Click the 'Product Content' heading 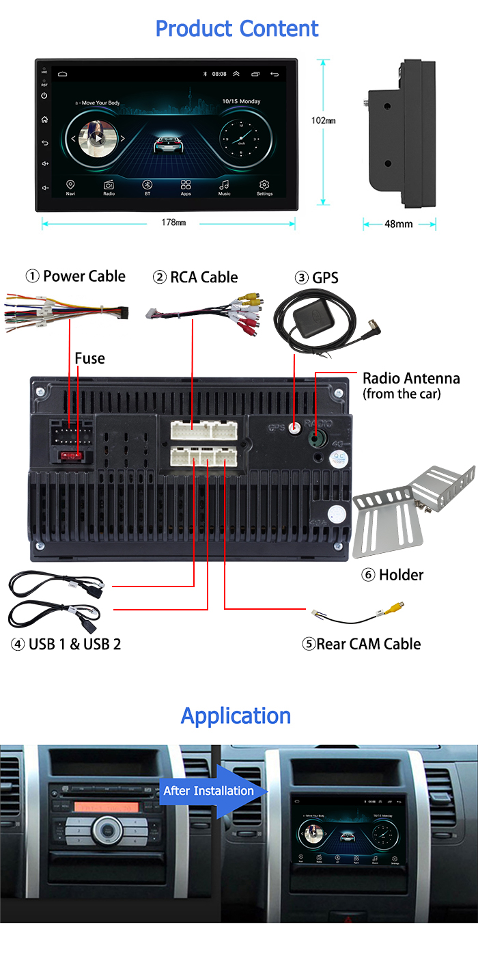pyautogui.click(x=237, y=29)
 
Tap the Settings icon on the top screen pyautogui.click(x=264, y=186)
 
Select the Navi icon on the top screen pyautogui.click(x=70, y=186)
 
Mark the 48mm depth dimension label pyautogui.click(x=399, y=224)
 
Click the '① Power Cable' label pyautogui.click(x=76, y=276)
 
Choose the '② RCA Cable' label pyautogui.click(x=195, y=277)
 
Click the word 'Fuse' pyautogui.click(x=89, y=358)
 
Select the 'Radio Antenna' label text pyautogui.click(x=411, y=379)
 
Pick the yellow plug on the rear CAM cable pyautogui.click(x=394, y=606)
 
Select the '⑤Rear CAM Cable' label pyautogui.click(x=361, y=644)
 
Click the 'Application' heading pyautogui.click(x=236, y=716)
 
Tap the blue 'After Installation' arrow pyautogui.click(x=208, y=791)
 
